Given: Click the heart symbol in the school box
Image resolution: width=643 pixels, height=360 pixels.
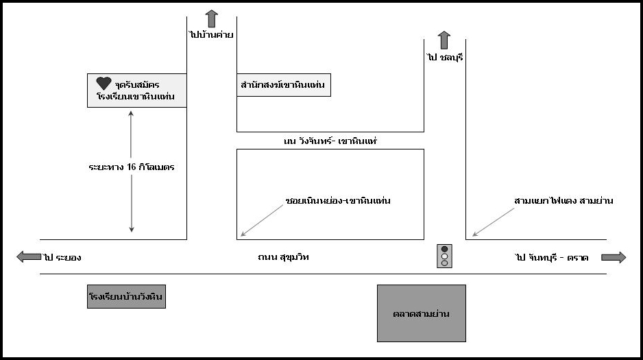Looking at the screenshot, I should [104, 83].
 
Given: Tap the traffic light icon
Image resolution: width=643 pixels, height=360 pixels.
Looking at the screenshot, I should [444, 256].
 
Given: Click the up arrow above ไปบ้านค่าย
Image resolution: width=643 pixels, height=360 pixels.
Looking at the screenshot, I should [211, 18].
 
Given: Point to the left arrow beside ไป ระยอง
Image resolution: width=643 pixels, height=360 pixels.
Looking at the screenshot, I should [29, 257].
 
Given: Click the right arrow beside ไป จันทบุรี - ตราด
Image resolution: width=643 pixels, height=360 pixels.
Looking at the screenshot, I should [614, 257].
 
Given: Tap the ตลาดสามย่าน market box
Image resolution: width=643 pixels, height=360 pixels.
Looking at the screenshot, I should [421, 313].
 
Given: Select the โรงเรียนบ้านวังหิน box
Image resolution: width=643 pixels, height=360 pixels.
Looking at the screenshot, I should [127, 297].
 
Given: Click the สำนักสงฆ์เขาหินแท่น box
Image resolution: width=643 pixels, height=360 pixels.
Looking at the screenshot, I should [283, 85].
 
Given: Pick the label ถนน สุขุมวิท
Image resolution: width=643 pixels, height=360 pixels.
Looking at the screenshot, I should [279, 257].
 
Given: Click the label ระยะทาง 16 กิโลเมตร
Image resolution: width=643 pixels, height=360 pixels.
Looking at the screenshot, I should [131, 167].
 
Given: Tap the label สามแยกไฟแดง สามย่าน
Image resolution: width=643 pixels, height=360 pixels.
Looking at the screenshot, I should [563, 201].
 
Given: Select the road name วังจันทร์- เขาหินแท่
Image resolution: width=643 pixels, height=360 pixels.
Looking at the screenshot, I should [330, 141].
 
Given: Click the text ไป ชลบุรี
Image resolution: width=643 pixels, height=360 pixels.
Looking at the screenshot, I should [444, 58].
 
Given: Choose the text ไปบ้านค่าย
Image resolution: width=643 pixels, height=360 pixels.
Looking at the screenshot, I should [211, 34].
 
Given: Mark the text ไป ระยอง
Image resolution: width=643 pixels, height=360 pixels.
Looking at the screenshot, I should [62, 258].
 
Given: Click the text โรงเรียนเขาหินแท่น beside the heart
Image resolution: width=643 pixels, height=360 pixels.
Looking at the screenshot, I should [136, 97].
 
